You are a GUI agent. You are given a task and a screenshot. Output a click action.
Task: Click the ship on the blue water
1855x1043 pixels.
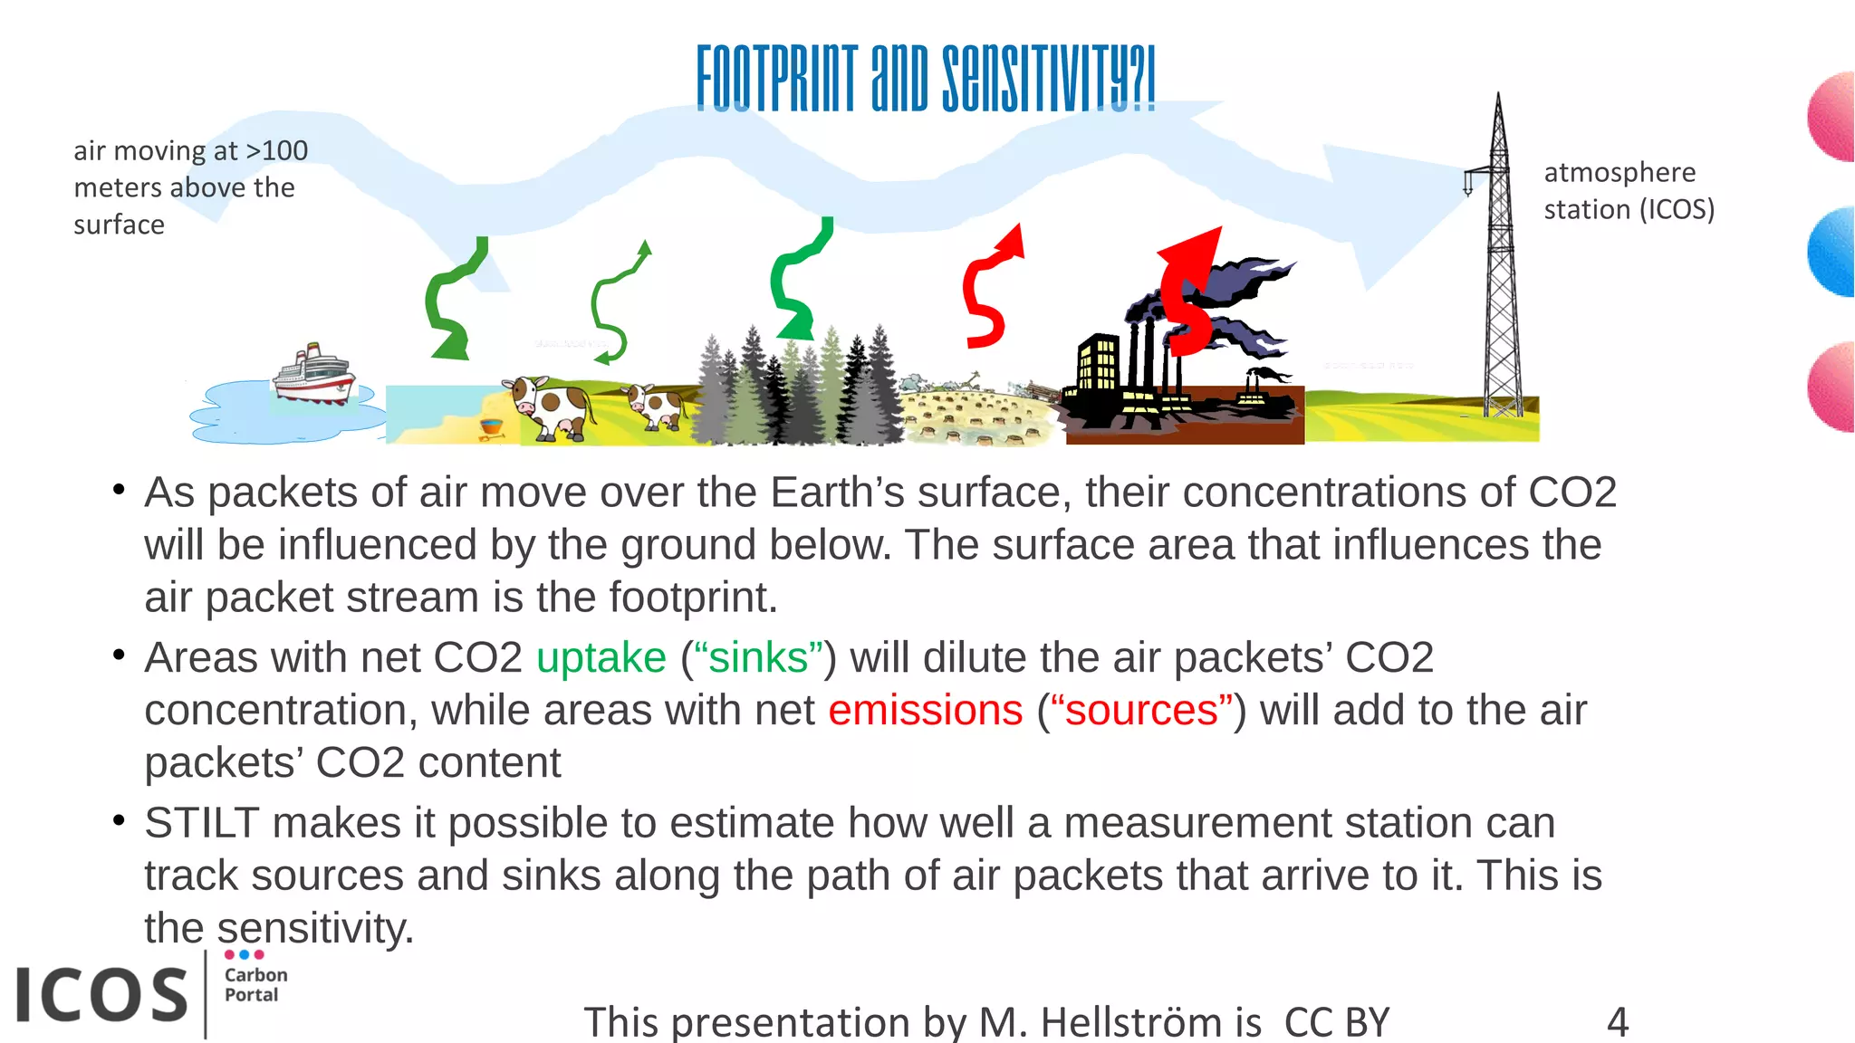click(x=313, y=374)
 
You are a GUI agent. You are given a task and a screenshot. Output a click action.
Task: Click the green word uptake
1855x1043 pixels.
click(x=601, y=658)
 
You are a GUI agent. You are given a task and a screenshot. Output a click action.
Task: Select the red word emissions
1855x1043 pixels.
click(x=925, y=711)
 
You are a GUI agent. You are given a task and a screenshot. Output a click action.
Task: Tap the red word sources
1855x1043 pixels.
click(x=1141, y=711)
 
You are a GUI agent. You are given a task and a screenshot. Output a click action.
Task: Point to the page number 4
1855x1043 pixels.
click(x=1618, y=1022)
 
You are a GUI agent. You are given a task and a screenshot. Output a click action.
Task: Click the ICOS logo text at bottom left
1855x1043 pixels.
click(x=101, y=995)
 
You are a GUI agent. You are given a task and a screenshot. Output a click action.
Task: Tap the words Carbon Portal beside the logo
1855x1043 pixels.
click(x=255, y=985)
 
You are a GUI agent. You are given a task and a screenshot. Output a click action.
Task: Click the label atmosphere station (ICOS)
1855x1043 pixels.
click(x=1628, y=191)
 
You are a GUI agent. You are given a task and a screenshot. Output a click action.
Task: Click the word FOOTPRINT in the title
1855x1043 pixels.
click(x=776, y=80)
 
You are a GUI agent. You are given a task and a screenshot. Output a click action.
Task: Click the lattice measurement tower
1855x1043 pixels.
click(x=1500, y=272)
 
